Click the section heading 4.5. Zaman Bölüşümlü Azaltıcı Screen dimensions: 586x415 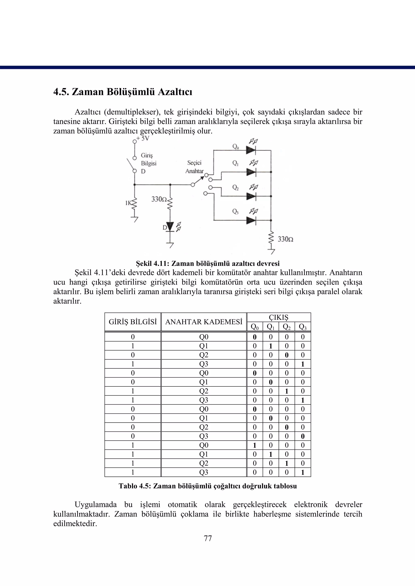point(123,92)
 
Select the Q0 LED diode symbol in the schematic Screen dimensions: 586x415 point(251,150)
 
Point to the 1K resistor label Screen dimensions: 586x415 point(128,203)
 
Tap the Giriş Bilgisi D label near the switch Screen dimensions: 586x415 point(149,163)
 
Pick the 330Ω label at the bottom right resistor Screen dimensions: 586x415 point(285,239)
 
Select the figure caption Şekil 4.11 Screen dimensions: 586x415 point(207,263)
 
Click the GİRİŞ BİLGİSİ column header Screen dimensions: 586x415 point(133,322)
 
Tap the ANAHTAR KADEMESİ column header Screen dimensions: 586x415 point(204,322)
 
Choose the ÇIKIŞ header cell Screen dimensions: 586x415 point(279,317)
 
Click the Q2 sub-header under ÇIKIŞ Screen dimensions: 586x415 point(287,327)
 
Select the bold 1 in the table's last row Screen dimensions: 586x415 point(303,472)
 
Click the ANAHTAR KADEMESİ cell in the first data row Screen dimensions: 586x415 point(204,337)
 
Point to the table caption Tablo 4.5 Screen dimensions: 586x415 point(207,486)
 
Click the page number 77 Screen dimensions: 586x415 point(208,538)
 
